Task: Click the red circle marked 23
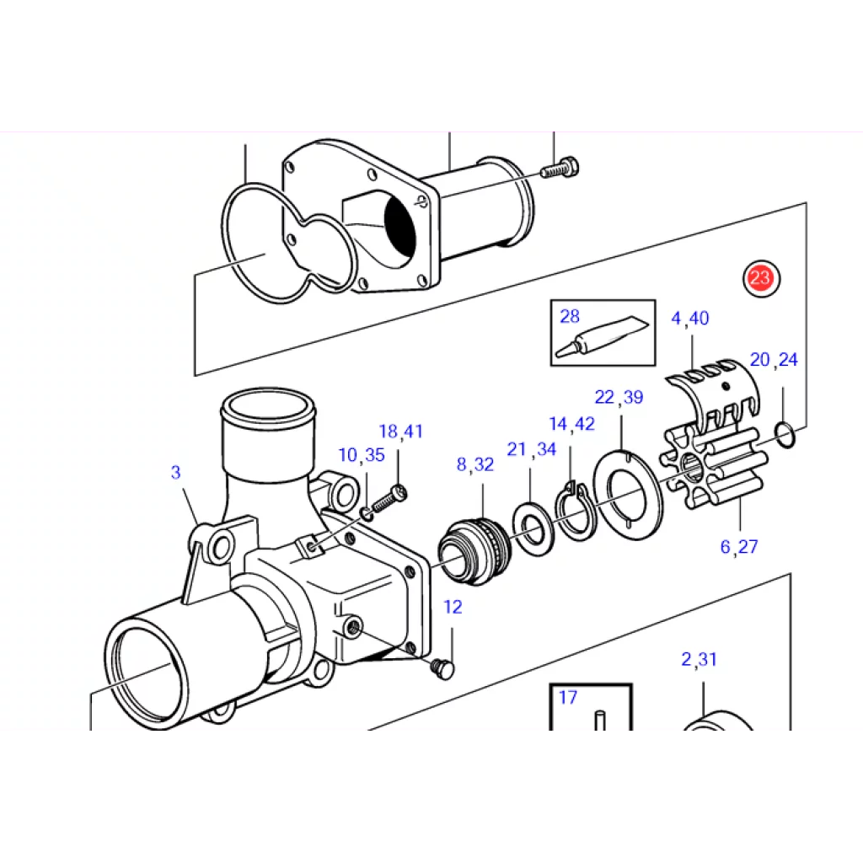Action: pyautogui.click(x=761, y=278)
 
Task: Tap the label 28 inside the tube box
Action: pyautogui.click(x=570, y=316)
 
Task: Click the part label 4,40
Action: pyautogui.click(x=690, y=318)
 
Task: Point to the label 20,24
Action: pyautogui.click(x=774, y=359)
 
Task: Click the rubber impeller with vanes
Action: pyautogui.click(x=713, y=466)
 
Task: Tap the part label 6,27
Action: pyautogui.click(x=739, y=546)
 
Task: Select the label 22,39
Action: pyautogui.click(x=619, y=397)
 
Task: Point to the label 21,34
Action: pyautogui.click(x=532, y=449)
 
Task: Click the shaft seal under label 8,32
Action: pyautogui.click(x=474, y=551)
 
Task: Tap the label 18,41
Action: pyautogui.click(x=400, y=431)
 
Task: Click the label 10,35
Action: pyautogui.click(x=362, y=454)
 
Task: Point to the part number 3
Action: pyautogui.click(x=175, y=472)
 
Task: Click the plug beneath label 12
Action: pyautogui.click(x=443, y=669)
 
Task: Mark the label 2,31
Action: pyautogui.click(x=699, y=659)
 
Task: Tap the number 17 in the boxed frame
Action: pyautogui.click(x=568, y=697)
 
